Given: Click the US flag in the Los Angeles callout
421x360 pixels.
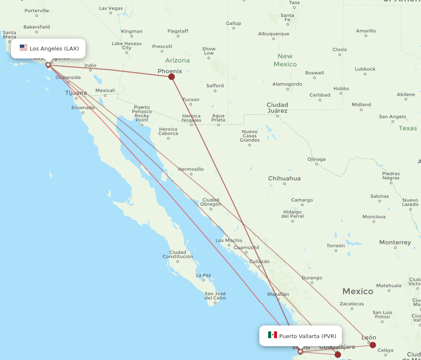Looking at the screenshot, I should tap(24, 48).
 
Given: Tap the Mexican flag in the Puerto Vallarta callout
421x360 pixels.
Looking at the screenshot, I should tap(272, 335).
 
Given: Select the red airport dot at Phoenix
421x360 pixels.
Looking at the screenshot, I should tap(171, 77).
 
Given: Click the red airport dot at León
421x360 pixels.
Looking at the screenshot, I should tap(373, 345).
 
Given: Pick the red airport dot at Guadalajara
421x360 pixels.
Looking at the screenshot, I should tap(338, 355).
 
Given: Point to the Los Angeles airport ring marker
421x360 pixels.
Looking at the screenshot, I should tap(48, 65).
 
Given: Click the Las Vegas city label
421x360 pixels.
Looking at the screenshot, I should tap(111, 8).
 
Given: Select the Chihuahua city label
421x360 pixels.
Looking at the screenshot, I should tap(285, 178).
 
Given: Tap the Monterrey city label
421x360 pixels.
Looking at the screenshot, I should tap(395, 242).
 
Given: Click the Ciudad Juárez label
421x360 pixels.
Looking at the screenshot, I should tap(277, 108).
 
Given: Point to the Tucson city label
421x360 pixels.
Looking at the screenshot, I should tap(191, 100).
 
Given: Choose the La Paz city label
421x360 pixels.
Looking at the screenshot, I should tap(203, 275).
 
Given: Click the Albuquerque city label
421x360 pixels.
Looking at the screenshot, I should tap(274, 34).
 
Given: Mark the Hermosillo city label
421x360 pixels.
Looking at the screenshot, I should tap(191, 169).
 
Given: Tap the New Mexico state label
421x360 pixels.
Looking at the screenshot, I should tap(285, 60).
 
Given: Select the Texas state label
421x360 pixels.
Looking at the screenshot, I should tap(408, 128).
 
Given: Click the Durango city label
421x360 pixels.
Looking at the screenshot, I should tap(312, 278).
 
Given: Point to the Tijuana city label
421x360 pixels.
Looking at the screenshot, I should tap(76, 93).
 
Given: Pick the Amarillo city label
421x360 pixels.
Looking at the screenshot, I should tap(366, 31).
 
